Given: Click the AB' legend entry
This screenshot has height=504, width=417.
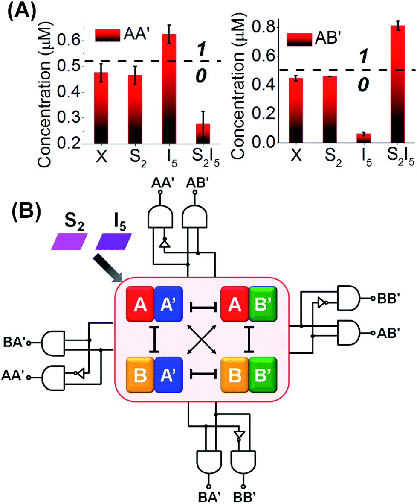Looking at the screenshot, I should (316, 39).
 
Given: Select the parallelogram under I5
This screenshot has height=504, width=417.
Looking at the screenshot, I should (113, 241).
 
